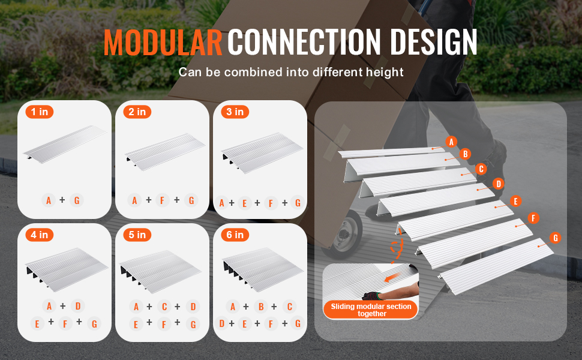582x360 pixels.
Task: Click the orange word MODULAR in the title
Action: click(163, 42)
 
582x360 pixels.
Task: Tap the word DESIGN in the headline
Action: click(434, 42)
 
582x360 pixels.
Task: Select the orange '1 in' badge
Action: click(40, 112)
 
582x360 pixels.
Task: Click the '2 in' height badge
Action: click(137, 112)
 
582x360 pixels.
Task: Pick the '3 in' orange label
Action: click(235, 112)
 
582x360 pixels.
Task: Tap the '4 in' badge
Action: click(40, 235)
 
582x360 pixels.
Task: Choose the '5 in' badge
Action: click(137, 235)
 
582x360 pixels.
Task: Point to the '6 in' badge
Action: click(235, 235)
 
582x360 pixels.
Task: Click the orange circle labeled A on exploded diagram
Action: click(451, 142)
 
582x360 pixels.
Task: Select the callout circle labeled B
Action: click(465, 154)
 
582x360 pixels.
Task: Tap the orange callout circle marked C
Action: click(481, 169)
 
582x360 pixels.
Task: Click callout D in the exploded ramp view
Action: click(498, 184)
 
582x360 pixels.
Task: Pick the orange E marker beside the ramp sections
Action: click(515, 201)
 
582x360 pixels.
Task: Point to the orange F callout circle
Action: click(533, 218)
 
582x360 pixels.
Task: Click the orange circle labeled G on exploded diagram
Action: click(555, 238)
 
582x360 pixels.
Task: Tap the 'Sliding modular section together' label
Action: click(371, 310)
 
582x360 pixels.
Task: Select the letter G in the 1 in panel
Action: click(77, 200)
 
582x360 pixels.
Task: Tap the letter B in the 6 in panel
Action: click(261, 307)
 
